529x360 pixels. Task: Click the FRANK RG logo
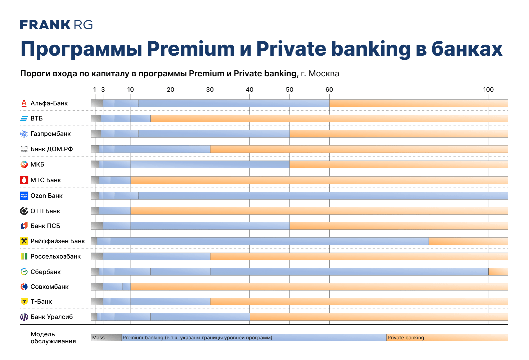click(56, 25)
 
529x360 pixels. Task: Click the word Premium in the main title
click(191, 49)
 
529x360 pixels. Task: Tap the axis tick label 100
click(488, 90)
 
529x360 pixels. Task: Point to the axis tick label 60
click(329, 90)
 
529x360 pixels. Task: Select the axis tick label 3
click(103, 90)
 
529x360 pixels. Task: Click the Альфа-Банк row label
click(49, 103)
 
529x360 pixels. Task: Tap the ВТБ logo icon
click(24, 118)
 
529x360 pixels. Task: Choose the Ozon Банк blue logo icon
click(24, 196)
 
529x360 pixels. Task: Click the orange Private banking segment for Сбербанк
click(498, 272)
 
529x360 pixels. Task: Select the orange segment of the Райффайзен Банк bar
click(468, 241)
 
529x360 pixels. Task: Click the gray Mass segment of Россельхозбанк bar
click(97, 257)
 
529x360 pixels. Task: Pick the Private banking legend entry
click(447, 338)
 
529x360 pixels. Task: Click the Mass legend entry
click(106, 338)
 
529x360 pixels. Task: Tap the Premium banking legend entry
click(254, 338)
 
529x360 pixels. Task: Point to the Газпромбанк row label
click(51, 134)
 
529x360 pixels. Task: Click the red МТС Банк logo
click(24, 180)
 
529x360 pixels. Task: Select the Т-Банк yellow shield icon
click(24, 302)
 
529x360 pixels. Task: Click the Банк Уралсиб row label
click(52, 317)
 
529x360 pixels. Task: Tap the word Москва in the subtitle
click(324, 74)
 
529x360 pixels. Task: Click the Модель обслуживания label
click(53, 338)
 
